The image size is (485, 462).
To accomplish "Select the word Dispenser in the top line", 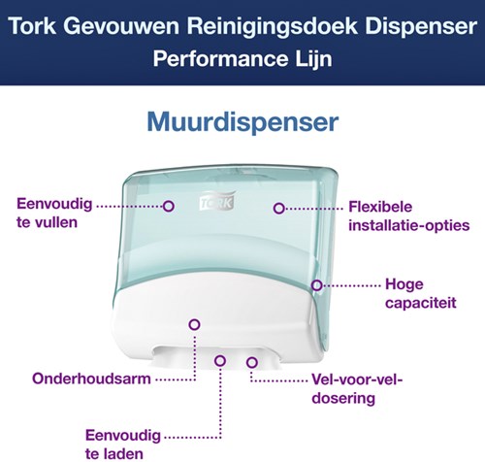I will [410, 21].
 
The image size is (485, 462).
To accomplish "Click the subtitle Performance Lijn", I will [242, 57].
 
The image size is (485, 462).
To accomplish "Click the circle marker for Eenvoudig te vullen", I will [168, 206].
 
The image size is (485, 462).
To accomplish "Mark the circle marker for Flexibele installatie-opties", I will [278, 206].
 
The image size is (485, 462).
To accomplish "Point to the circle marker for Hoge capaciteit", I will [316, 284].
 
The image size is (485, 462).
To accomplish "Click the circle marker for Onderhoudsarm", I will [193, 325].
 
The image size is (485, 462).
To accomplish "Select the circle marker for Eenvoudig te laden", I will [220, 362].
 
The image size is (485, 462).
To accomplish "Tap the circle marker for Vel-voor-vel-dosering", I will [251, 362].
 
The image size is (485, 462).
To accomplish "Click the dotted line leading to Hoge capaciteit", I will [349, 284].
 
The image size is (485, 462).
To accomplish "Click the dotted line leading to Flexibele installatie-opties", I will [310, 206].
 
